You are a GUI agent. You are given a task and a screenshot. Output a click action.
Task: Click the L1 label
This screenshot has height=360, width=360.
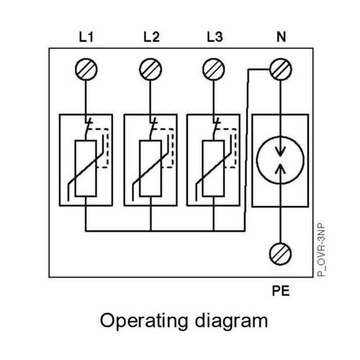click(x=86, y=37)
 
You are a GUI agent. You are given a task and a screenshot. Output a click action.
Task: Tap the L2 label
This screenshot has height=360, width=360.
click(x=151, y=37)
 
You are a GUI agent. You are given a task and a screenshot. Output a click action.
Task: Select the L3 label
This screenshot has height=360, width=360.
click(x=215, y=37)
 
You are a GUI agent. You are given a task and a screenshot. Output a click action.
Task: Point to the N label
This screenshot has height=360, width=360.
click(x=282, y=37)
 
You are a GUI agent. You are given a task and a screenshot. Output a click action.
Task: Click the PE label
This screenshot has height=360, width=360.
click(x=281, y=291)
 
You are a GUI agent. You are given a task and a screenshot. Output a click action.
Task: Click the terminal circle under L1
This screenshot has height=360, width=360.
click(x=86, y=69)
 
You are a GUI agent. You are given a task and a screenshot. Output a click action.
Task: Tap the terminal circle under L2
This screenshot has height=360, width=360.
click(x=150, y=69)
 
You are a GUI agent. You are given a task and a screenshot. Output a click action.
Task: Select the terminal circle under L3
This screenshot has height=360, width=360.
click(x=214, y=69)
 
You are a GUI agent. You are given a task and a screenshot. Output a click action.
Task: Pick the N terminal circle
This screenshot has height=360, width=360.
click(x=281, y=69)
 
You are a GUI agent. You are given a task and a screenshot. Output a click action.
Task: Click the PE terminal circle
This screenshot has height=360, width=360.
click(x=280, y=254)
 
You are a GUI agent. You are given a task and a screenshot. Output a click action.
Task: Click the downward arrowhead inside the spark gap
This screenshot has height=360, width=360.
click(x=280, y=151)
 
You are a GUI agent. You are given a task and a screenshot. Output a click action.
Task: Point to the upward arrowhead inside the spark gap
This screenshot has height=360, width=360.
click(x=280, y=168)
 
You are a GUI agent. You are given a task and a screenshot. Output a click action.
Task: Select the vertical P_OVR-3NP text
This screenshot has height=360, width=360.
click(x=321, y=251)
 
